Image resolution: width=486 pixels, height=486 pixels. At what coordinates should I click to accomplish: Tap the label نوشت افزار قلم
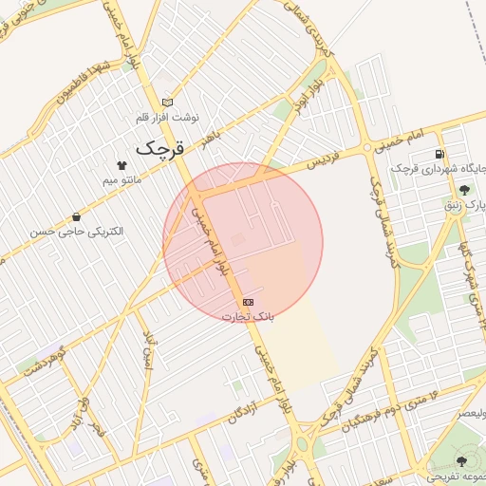point(168,117)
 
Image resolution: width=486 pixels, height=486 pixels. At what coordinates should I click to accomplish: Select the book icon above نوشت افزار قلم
point(168,103)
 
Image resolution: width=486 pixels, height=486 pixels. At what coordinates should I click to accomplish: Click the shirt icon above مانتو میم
point(121,165)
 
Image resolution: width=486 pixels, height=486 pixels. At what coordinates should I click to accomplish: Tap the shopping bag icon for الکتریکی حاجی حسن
point(76,216)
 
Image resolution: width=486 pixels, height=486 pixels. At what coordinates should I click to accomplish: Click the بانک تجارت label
point(248,315)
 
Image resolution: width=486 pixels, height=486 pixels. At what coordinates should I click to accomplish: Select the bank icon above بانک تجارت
point(248,302)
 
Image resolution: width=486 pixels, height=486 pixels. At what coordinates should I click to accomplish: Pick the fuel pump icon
point(439,154)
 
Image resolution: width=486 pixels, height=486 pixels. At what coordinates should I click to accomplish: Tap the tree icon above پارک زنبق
point(462,190)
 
